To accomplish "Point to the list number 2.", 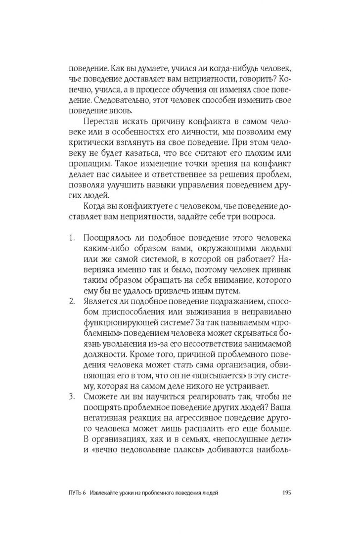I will click(72, 301).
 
